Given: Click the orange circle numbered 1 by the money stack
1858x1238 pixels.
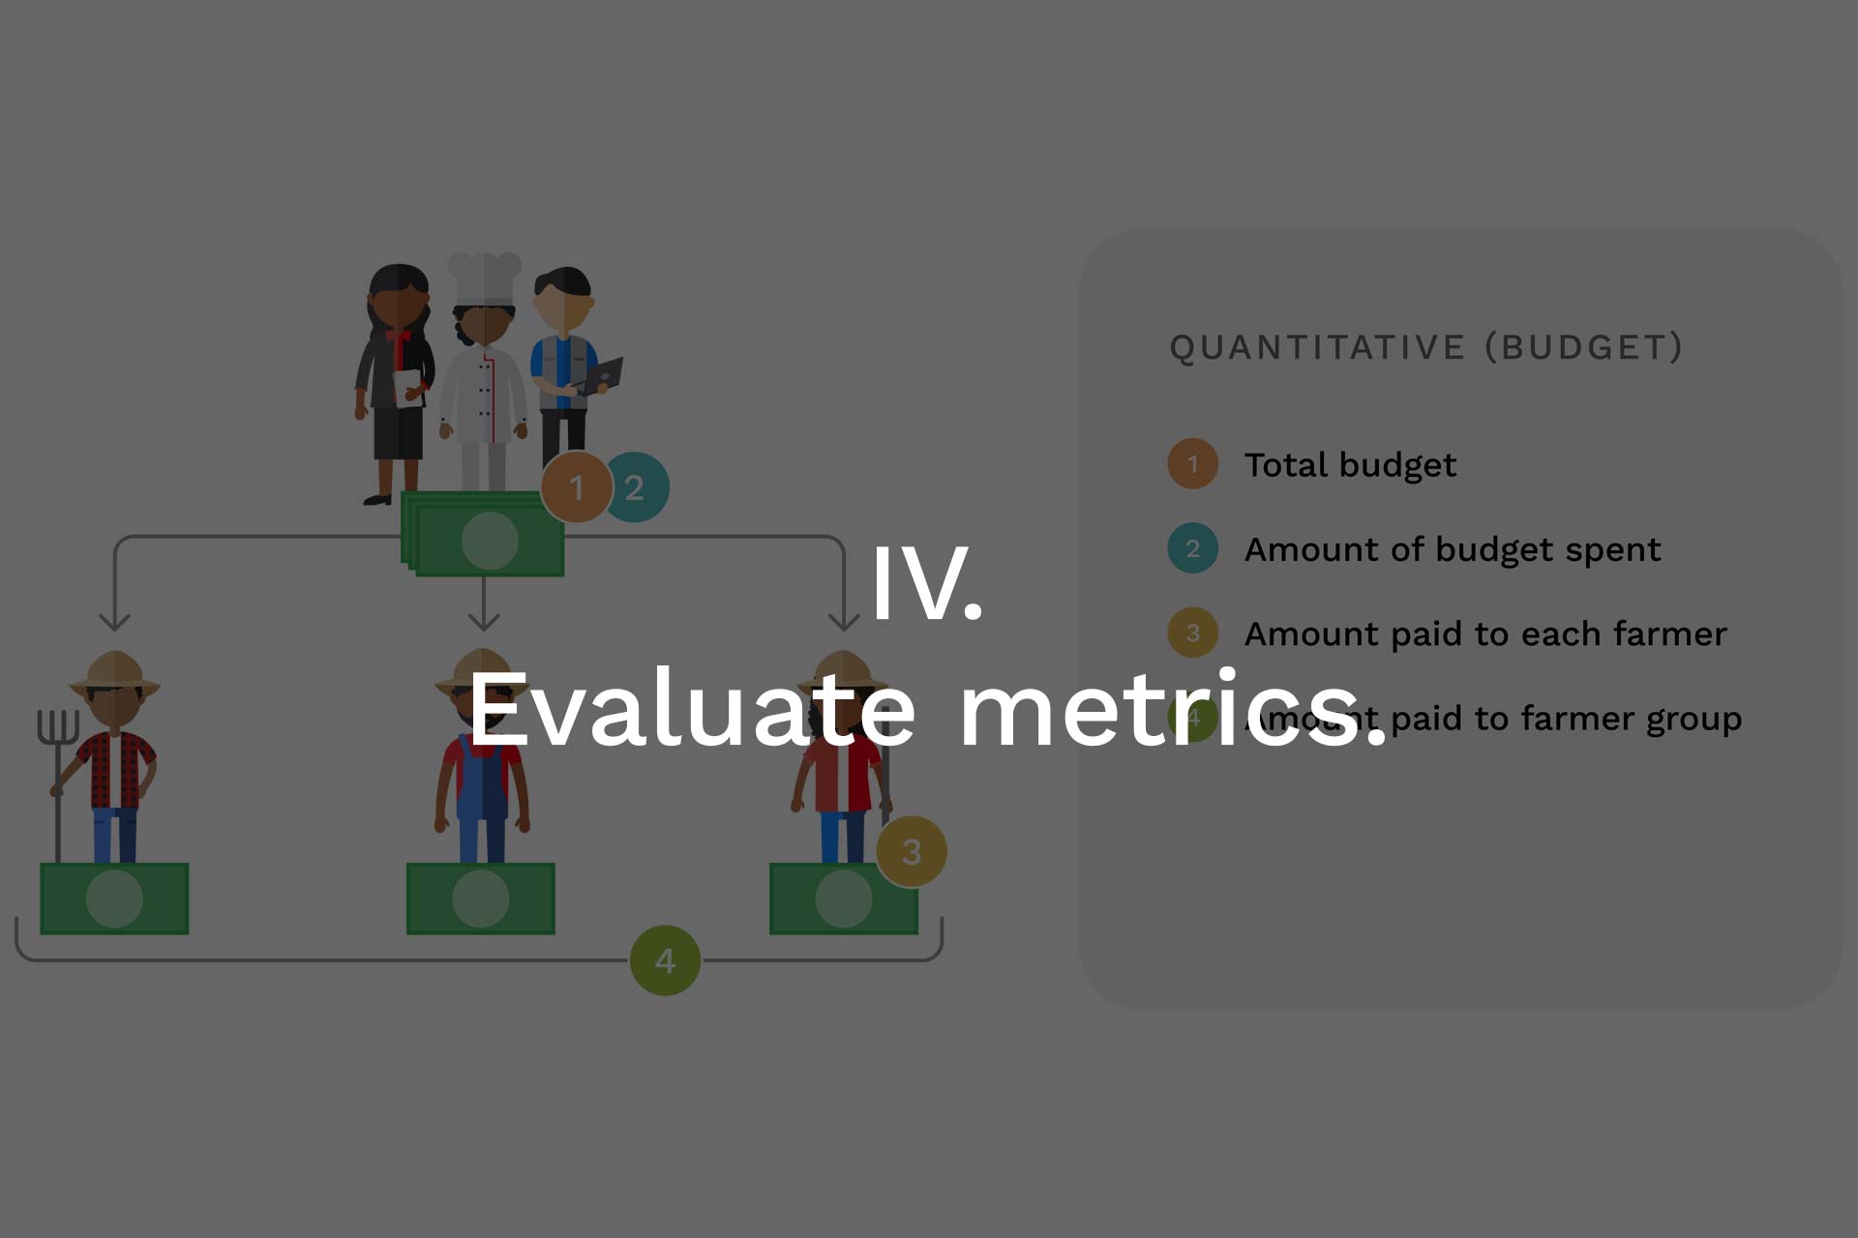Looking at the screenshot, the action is (x=577, y=487).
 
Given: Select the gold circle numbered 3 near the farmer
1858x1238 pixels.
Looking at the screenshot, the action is (x=912, y=851).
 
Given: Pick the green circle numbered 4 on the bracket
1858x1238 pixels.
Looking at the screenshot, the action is (x=665, y=960).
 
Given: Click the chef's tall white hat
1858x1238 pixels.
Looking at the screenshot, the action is (x=484, y=279).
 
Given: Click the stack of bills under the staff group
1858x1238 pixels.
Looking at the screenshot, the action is (x=483, y=534).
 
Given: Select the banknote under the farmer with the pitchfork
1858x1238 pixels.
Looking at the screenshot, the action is (x=114, y=899).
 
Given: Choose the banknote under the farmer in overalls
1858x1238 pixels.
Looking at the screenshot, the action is (x=481, y=899).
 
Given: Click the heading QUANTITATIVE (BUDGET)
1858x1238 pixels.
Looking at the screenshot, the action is (x=1426, y=347).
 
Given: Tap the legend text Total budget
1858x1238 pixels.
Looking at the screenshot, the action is (x=1350, y=465).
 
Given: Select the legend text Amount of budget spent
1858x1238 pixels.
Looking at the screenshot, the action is (x=1453, y=549).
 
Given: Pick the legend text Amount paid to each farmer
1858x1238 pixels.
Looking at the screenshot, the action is (x=1485, y=634).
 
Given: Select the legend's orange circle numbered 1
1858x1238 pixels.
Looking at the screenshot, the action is (x=1193, y=464).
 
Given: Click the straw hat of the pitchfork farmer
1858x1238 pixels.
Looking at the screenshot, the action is (x=115, y=673).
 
